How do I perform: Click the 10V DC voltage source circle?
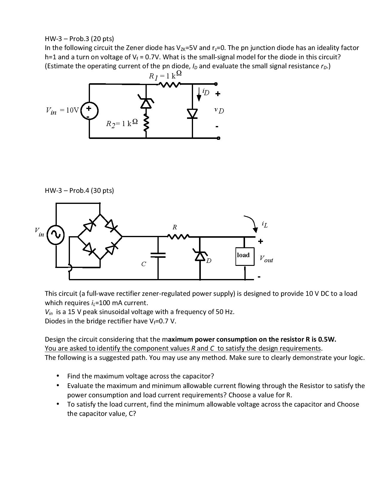pos(89,111)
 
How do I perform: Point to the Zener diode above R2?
pos(146,102)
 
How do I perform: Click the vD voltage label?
pos(219,110)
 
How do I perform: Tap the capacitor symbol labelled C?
pos(158,255)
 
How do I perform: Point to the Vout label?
pos(266,259)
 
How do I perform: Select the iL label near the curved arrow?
pos(264,224)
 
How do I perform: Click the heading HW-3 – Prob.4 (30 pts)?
pos(79,190)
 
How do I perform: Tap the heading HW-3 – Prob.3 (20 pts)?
pos(79,39)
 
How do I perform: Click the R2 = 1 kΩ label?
pos(122,123)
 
